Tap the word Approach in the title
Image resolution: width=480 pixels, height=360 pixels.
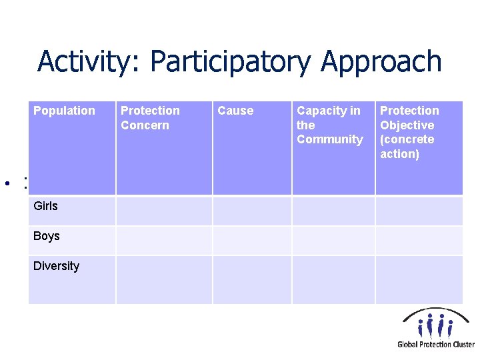(x=381, y=62)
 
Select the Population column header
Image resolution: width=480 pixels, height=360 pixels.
(x=64, y=111)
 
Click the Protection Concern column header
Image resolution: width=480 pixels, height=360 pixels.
(x=150, y=118)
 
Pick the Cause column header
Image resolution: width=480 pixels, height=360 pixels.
(x=235, y=111)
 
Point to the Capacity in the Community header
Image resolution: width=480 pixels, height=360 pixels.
(x=329, y=125)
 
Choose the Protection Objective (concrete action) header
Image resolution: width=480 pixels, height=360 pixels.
(x=409, y=132)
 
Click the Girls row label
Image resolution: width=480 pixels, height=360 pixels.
(x=45, y=206)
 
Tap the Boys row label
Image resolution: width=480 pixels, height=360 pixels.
(x=47, y=236)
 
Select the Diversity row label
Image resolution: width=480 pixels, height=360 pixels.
(x=56, y=266)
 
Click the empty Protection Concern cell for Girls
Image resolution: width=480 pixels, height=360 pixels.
(x=164, y=211)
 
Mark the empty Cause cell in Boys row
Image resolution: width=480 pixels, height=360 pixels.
(x=252, y=240)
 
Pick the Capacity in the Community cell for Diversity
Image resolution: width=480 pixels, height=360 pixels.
(x=333, y=280)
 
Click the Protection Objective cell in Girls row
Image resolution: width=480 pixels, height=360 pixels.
(x=419, y=211)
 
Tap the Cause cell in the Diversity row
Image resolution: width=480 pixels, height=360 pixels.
(x=252, y=280)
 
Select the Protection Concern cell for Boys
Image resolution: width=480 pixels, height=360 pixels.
(x=164, y=240)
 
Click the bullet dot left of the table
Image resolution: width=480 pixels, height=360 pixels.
(x=5, y=182)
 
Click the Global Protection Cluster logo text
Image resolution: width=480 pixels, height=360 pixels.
(x=436, y=344)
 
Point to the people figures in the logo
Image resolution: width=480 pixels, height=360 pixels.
(x=436, y=325)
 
